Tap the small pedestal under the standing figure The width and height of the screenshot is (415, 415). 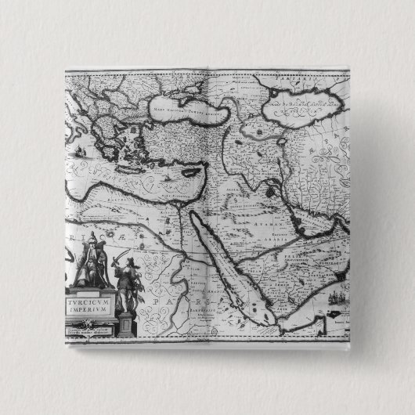126,323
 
